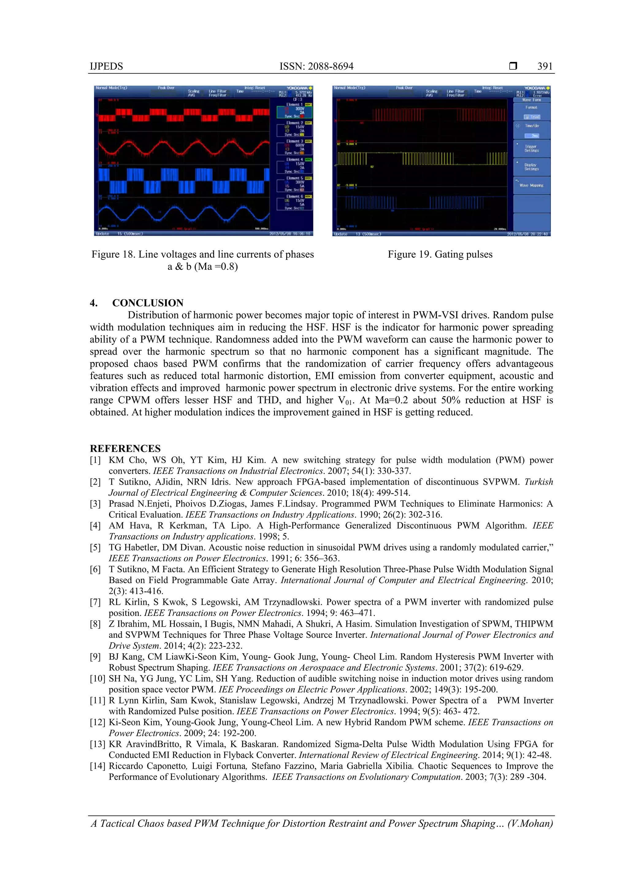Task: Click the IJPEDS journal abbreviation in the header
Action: [106, 66]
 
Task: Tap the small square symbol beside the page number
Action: [513, 66]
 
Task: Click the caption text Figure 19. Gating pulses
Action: [440, 254]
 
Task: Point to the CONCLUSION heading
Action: [148, 303]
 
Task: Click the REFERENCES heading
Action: [125, 448]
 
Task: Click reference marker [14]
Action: [97, 766]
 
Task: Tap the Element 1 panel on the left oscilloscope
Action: [294, 110]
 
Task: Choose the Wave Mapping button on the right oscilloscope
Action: [531, 185]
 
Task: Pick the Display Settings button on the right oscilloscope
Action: [531, 167]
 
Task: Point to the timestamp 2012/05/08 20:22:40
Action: [527, 234]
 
